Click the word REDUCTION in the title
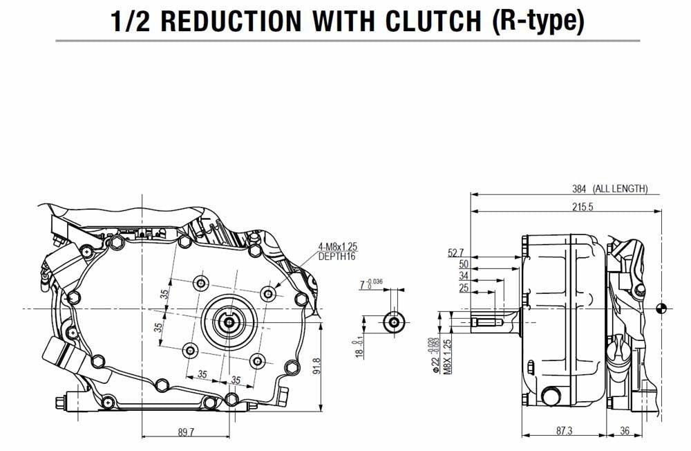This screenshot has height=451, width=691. [x=232, y=21]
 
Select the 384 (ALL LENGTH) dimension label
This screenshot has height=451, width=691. [x=609, y=188]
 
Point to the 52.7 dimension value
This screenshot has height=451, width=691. [x=456, y=254]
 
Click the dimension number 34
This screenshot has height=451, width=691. [x=463, y=276]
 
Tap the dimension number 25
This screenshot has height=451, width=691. [x=463, y=287]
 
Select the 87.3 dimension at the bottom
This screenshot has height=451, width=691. [x=563, y=431]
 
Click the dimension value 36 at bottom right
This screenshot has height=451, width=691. [x=624, y=431]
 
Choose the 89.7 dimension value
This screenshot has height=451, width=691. [x=186, y=432]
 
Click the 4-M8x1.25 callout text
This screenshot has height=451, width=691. [x=339, y=246]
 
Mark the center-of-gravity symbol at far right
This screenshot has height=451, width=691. [x=662, y=309]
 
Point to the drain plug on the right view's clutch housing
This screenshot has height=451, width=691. [x=550, y=396]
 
